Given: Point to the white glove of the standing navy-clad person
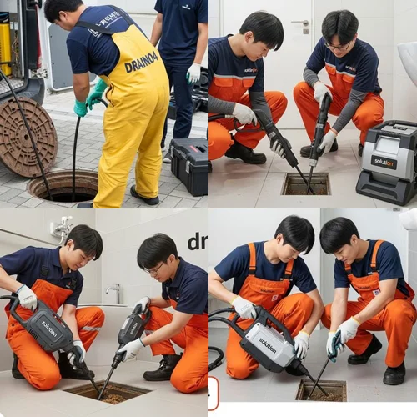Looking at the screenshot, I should (193, 73).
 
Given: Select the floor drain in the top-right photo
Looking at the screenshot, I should (305, 183).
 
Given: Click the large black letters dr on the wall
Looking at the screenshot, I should (198, 242).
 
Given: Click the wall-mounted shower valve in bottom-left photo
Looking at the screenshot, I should (60, 228).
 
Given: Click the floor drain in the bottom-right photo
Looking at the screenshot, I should (320, 389).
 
